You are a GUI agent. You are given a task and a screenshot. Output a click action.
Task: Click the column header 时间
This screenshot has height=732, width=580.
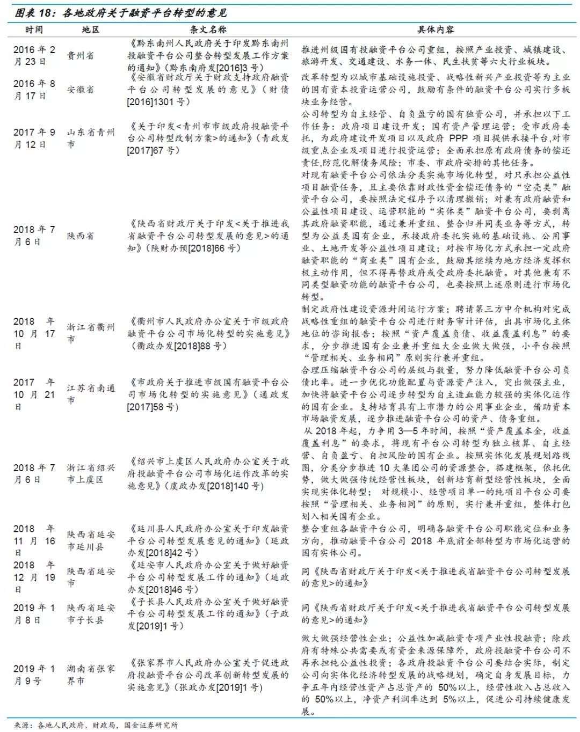click(x=33, y=30)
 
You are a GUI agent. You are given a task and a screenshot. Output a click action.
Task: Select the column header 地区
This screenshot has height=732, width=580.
click(x=90, y=30)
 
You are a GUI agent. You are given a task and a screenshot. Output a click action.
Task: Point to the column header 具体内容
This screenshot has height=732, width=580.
click(x=436, y=30)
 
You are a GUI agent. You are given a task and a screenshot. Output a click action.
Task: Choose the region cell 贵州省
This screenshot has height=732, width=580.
click(x=80, y=56)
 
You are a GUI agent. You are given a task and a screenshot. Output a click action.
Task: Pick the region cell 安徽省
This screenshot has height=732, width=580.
click(x=80, y=90)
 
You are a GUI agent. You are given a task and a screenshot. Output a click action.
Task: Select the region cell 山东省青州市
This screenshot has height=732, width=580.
click(x=90, y=138)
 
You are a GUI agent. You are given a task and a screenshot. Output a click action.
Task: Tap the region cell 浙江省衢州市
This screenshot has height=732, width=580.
click(x=90, y=333)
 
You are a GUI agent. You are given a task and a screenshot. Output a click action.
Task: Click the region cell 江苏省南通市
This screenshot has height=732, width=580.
click(x=90, y=394)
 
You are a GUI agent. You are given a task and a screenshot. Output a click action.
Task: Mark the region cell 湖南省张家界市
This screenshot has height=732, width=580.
click(x=90, y=675)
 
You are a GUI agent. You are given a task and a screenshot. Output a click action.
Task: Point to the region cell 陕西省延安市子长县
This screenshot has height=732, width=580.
click(x=90, y=614)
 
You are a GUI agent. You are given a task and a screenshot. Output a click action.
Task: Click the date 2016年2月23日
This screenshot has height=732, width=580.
click(x=34, y=56)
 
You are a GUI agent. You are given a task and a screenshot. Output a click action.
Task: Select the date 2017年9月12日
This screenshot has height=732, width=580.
click(x=34, y=138)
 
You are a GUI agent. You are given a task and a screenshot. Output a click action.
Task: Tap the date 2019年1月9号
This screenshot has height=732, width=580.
click(x=34, y=675)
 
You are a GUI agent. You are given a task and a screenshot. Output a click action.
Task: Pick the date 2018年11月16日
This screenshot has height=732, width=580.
click(x=34, y=541)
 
